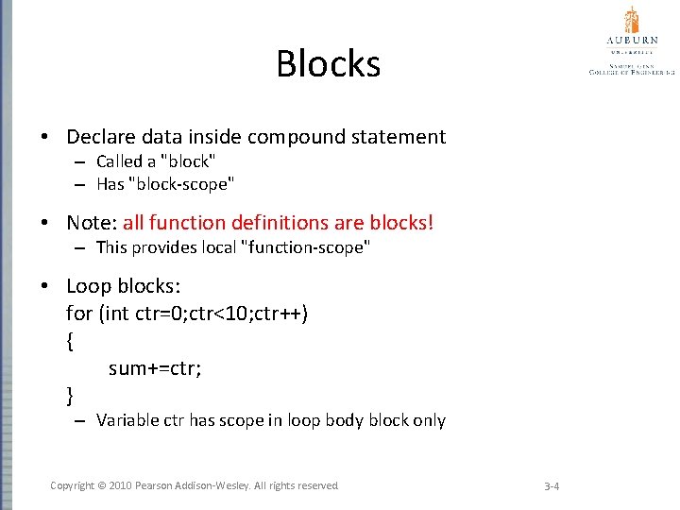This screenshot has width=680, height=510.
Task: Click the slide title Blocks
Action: click(328, 64)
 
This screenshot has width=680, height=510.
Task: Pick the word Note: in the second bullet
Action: click(91, 223)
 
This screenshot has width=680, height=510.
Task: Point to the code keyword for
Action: click(78, 313)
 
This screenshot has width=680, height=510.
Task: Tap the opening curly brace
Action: click(70, 342)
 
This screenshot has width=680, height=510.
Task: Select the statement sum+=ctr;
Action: click(155, 368)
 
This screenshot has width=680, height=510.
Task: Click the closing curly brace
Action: click(70, 394)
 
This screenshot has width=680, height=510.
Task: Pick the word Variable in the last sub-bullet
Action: click(125, 420)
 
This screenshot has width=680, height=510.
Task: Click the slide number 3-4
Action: click(552, 486)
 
